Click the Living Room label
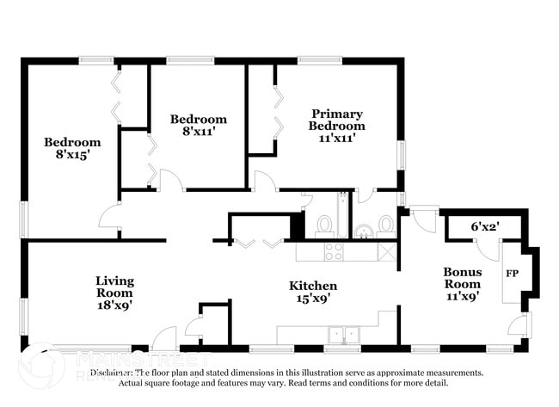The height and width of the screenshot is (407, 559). (114, 293)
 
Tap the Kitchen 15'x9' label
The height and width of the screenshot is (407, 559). (312, 293)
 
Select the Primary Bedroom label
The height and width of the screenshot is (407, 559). (337, 125)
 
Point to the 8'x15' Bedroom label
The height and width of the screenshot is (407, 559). (72, 149)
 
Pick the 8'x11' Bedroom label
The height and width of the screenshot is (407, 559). (198, 126)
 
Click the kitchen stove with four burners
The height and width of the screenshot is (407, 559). (333, 251)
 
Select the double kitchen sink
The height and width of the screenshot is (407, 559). (341, 334)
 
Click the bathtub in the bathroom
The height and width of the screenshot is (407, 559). (342, 215)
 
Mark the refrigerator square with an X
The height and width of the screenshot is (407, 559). (387, 251)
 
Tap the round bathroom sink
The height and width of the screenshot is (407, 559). (364, 230)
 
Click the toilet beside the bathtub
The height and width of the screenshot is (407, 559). (324, 225)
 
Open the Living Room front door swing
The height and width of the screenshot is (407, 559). (165, 339)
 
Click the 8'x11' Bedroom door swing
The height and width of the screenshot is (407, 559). (170, 180)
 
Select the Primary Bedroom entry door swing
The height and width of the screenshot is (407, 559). (264, 182)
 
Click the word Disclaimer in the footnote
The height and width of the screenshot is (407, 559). (113, 373)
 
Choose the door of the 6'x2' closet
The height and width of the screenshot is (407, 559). (488, 250)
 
